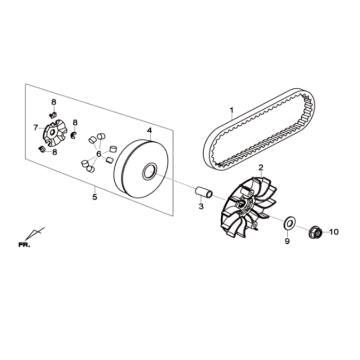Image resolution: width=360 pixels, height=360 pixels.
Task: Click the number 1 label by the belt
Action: (232, 110)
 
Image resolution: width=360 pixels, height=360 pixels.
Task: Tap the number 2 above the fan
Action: (261, 167)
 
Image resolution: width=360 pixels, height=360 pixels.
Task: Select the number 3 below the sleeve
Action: (201, 207)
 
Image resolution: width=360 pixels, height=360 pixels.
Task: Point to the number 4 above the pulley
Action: (150, 130)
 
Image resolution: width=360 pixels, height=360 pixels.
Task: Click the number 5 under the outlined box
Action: (95, 197)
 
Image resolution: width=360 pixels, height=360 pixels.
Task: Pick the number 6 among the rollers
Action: (99, 154)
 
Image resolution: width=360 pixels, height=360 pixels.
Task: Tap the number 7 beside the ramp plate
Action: (36, 127)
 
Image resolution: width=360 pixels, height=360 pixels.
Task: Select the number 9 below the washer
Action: (287, 241)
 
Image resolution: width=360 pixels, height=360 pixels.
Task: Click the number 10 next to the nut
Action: (334, 232)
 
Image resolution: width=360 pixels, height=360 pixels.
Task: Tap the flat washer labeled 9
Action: (289, 224)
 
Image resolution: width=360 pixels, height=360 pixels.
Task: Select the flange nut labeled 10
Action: (315, 232)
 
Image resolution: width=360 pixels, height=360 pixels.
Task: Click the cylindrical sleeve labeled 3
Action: (204, 193)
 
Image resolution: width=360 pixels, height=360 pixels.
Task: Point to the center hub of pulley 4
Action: (150, 171)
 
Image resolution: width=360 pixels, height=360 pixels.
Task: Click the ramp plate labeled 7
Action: (54, 133)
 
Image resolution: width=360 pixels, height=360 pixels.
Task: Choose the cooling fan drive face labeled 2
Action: (251, 207)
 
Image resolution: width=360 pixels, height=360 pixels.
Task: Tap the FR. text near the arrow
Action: (24, 245)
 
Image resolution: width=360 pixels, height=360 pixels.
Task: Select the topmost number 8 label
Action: (53, 102)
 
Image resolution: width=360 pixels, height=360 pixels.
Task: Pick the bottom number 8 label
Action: (54, 152)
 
